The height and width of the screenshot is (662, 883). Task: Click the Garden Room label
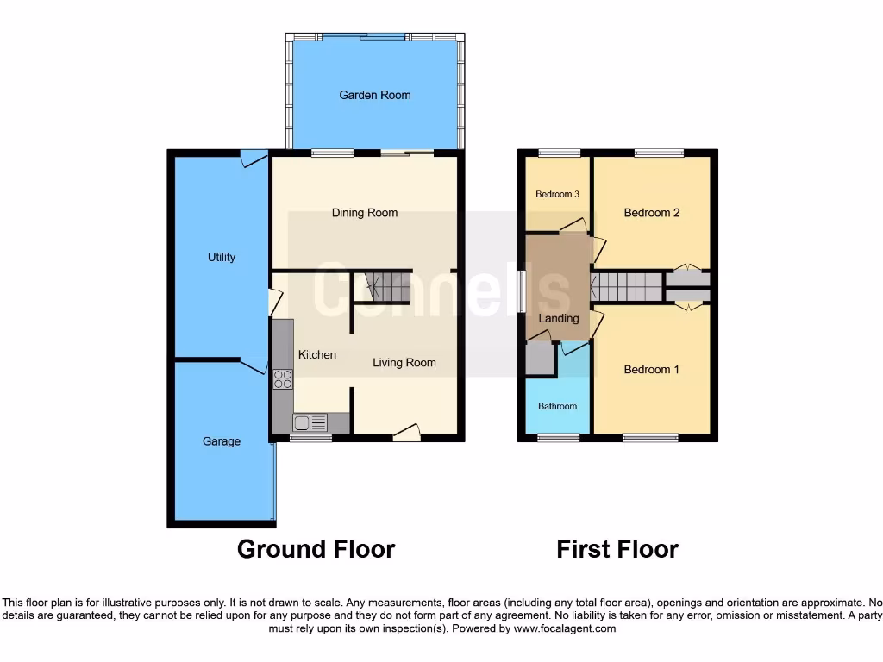pyautogui.click(x=374, y=95)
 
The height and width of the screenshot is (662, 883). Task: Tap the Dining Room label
pyautogui.click(x=365, y=213)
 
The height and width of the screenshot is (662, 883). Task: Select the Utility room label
pyautogui.click(x=222, y=257)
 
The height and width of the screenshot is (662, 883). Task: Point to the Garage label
pyautogui.click(x=222, y=441)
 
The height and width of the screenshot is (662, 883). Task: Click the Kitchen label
pyautogui.click(x=317, y=354)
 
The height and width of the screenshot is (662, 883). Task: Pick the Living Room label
pyautogui.click(x=404, y=363)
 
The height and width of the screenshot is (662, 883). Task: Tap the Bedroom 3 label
pyautogui.click(x=557, y=194)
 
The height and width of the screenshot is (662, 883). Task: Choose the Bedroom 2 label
pyautogui.click(x=652, y=213)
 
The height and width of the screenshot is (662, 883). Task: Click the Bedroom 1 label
pyautogui.click(x=652, y=370)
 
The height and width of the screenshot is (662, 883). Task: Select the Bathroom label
pyautogui.click(x=558, y=406)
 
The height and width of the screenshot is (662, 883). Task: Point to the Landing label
pyautogui.click(x=559, y=318)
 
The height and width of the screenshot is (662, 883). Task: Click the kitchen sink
pyautogui.click(x=310, y=422)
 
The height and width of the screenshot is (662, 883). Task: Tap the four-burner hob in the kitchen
pyautogui.click(x=283, y=379)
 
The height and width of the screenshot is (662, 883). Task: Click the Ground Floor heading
pyautogui.click(x=316, y=549)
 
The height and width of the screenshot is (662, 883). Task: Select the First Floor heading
pyautogui.click(x=617, y=549)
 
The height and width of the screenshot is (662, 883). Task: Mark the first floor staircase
pyautogui.click(x=626, y=287)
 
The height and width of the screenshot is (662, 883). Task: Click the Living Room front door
pyautogui.click(x=406, y=432)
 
